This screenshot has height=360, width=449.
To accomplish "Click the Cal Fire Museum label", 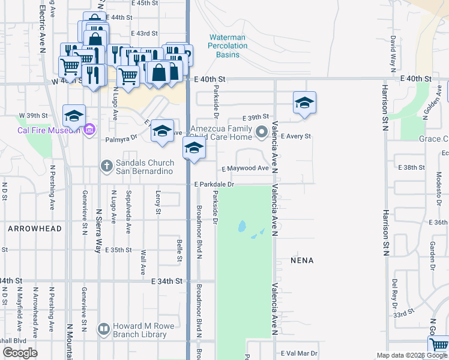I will [x=48, y=130].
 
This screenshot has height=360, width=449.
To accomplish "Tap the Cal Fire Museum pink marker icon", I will [x=90, y=130].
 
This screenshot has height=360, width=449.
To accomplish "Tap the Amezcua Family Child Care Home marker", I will [x=261, y=131].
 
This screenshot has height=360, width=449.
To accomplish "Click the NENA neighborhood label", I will [x=301, y=261].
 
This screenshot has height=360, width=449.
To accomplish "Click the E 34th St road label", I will [x=167, y=281].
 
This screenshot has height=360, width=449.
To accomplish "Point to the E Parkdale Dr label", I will [x=213, y=184].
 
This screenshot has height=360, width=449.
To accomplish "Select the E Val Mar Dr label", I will [x=298, y=353].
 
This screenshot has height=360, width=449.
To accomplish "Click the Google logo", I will [x=20, y=353].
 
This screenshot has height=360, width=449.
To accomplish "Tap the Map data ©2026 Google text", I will [x=411, y=355].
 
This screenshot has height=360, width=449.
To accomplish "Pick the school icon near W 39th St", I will [x=74, y=116].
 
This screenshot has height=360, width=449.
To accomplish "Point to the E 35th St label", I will [x=118, y=250].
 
